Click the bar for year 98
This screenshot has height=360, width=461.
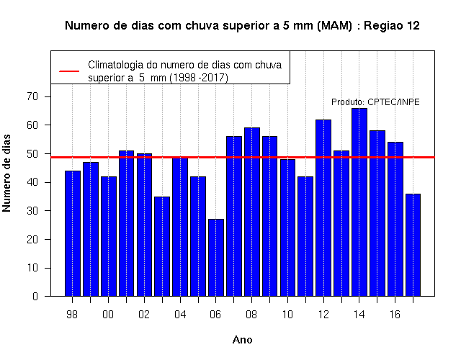pyautogui.click(x=73, y=233)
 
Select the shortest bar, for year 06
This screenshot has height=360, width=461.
pyautogui.click(x=216, y=258)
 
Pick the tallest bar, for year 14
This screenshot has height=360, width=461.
pyautogui.click(x=359, y=202)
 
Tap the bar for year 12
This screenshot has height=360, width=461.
pyautogui.click(x=323, y=208)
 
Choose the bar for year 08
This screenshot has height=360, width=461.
pyautogui.click(x=252, y=212)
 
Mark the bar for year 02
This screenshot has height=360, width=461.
pyautogui.click(x=144, y=225)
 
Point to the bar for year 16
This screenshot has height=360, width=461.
pyautogui.click(x=395, y=219)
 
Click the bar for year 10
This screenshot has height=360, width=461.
pyautogui.click(x=287, y=228)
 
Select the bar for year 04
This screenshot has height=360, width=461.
pyautogui.click(x=180, y=227)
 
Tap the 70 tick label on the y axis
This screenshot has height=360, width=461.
pyautogui.click(x=32, y=96)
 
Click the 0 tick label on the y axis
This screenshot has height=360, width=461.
pyautogui.click(x=35, y=296)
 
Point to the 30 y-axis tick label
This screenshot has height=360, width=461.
pyautogui.click(x=32, y=211)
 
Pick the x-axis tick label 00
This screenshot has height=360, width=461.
pyautogui.click(x=108, y=315)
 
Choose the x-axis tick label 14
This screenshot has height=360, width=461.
pyautogui.click(x=359, y=315)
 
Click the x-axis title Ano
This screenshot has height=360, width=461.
pyautogui.click(x=242, y=340)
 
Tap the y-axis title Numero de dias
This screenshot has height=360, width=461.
pyautogui.click(x=6, y=174)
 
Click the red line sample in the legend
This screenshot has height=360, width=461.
pyautogui.click(x=69, y=71)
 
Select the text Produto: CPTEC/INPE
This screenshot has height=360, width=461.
pyautogui.click(x=375, y=102)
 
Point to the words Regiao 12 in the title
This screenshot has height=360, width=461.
pyautogui.click(x=392, y=26)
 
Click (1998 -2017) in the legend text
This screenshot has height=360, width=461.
pyautogui.click(x=199, y=78)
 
